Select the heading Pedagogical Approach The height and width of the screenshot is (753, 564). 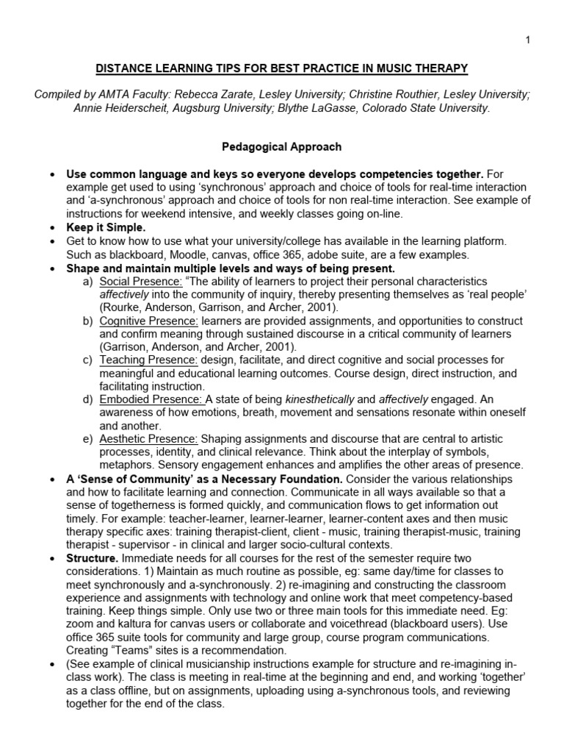click(282, 146)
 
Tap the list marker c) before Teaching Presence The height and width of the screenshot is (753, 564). click(87, 360)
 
